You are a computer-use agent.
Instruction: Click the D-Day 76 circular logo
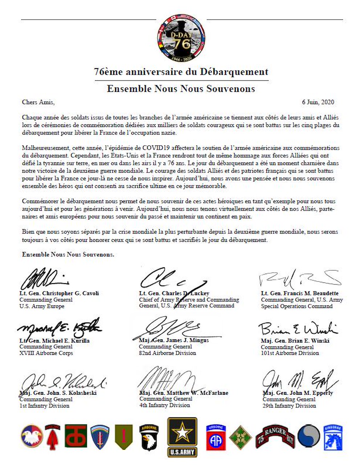[181, 38]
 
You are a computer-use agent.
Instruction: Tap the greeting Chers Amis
[38, 102]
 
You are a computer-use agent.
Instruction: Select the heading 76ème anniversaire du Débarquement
[181, 72]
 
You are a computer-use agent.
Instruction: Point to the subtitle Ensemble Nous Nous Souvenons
[181, 89]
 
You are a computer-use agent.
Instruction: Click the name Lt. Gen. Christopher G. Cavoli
[59, 293]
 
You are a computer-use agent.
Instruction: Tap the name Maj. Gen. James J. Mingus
[174, 340]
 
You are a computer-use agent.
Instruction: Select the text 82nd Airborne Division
[167, 353]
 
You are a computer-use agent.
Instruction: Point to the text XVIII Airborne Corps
[46, 353]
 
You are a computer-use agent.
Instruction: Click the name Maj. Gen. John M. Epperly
[298, 393]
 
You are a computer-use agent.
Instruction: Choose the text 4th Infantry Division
[165, 405]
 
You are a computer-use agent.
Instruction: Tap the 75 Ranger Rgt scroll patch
[276, 436]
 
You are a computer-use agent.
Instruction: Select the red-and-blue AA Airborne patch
[216, 437]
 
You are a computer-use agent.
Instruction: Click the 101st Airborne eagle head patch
[149, 437]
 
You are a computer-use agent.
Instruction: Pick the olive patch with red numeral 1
[124, 437]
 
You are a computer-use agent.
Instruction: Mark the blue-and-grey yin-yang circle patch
[309, 436]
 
